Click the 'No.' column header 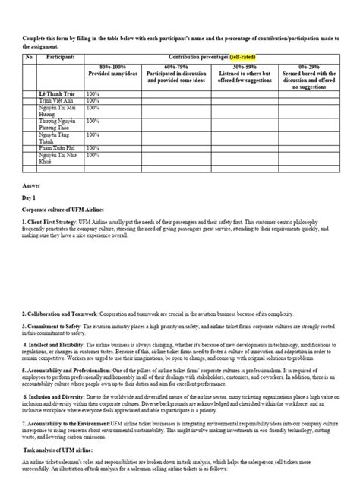pos(30,56)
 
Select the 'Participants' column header pos(61,56)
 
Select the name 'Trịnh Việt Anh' pos(59,102)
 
